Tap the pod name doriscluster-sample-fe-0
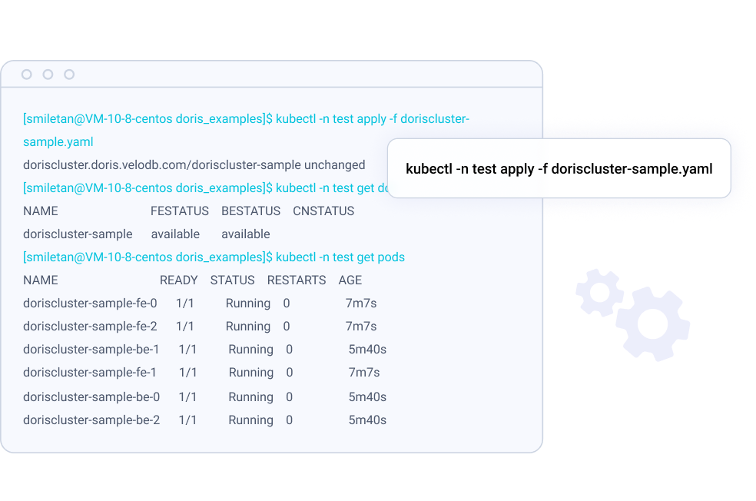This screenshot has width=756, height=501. (90, 304)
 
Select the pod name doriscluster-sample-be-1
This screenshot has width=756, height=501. (91, 350)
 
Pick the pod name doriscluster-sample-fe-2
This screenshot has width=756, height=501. (90, 327)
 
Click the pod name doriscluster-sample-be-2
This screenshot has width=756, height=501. (91, 420)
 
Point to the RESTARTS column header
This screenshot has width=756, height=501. (297, 280)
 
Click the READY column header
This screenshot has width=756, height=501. (179, 280)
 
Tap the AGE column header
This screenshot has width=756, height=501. (350, 280)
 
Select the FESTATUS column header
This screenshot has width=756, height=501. (180, 211)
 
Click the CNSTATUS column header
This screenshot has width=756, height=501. (323, 211)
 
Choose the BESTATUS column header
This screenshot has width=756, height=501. (250, 211)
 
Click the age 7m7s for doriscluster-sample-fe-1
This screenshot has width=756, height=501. (364, 373)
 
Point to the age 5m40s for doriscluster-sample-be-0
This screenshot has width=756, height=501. (367, 397)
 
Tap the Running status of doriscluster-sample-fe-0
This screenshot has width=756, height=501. (248, 304)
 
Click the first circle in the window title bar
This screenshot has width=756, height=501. (27, 75)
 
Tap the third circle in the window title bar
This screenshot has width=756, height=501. (69, 75)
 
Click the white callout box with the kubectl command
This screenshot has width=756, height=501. (559, 169)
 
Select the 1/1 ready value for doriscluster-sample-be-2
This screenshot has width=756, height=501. (187, 420)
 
